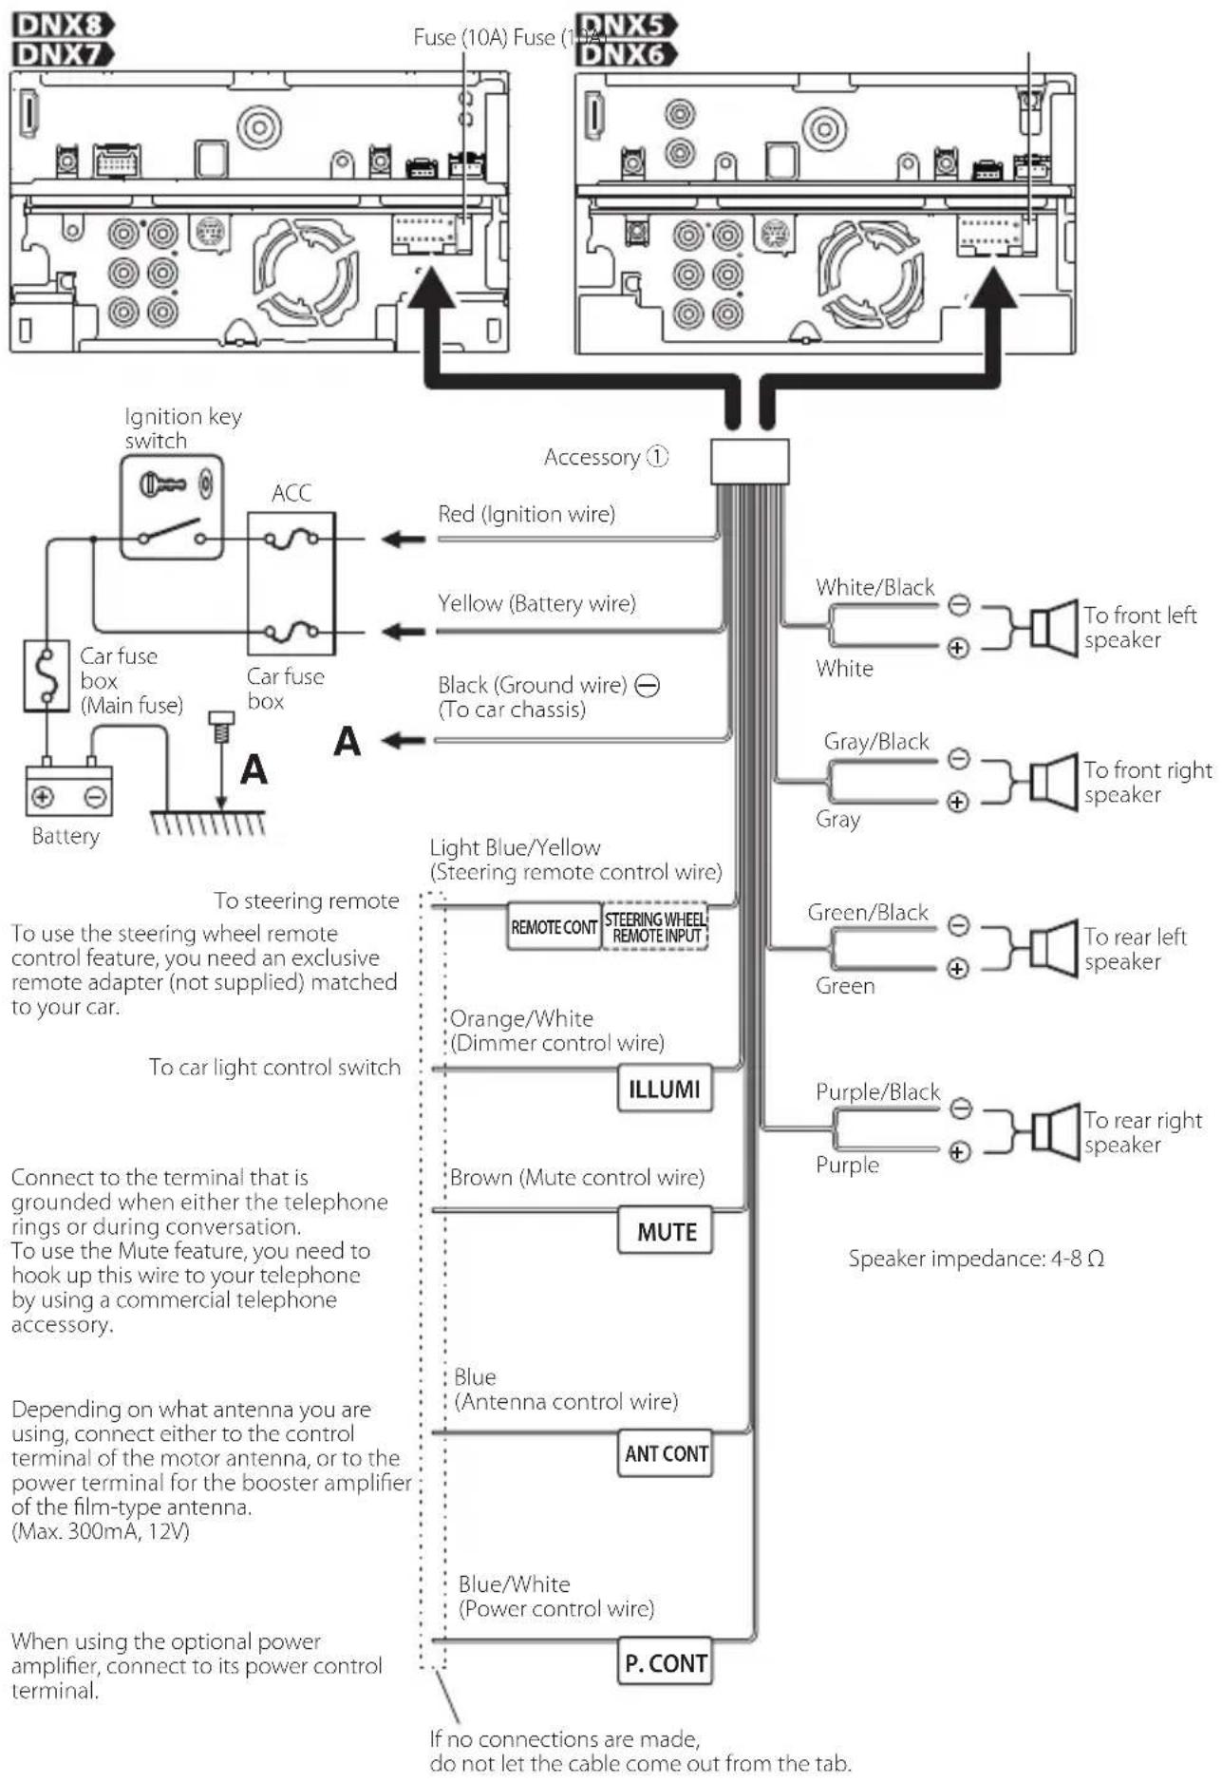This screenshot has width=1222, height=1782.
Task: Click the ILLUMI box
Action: [x=665, y=1089]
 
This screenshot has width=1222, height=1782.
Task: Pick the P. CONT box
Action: [x=665, y=1662]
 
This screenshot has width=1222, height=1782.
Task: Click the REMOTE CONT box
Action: [x=554, y=926]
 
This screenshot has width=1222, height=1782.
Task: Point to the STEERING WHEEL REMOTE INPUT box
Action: [x=655, y=926]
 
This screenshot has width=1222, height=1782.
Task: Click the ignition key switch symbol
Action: [x=172, y=507]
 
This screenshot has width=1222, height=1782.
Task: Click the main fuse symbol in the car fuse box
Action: [x=47, y=675]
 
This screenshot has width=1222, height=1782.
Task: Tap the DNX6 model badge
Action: [x=627, y=54]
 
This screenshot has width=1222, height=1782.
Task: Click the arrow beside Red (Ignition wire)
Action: [x=403, y=540]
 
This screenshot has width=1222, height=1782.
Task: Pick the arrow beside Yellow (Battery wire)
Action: [x=403, y=631]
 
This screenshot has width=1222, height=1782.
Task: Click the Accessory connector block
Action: [x=749, y=462]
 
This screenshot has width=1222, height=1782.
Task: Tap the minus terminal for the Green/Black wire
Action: [x=959, y=924]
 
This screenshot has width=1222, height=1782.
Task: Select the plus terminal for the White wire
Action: [x=958, y=649]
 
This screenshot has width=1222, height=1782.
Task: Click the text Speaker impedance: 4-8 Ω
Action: [x=976, y=1259]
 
